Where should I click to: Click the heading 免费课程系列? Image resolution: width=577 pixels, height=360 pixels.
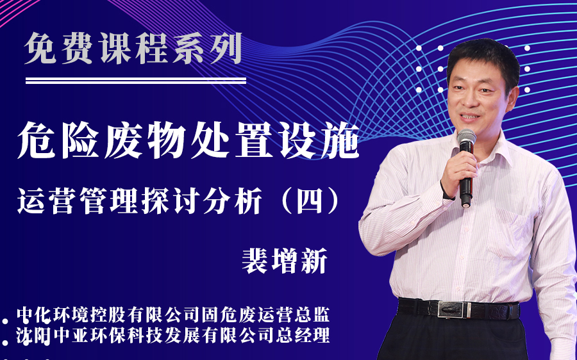(133, 49)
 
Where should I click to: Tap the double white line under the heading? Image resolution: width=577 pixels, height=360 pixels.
(136, 81)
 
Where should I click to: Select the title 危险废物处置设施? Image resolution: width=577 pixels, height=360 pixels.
(188, 140)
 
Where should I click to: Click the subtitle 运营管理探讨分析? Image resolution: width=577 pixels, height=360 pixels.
(140, 200)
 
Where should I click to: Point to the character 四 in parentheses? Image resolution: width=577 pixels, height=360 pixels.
(310, 201)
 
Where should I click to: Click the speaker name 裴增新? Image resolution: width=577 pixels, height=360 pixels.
(285, 261)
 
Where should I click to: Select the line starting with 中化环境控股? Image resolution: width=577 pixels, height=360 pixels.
(173, 315)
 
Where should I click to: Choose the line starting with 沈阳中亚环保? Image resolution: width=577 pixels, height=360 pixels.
(173, 335)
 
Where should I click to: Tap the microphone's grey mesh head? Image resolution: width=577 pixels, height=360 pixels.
(466, 136)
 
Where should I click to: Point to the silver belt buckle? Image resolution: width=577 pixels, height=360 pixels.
(454, 310)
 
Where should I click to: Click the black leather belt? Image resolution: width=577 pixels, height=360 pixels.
(459, 309)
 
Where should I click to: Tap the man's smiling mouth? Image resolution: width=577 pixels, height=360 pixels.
(471, 117)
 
